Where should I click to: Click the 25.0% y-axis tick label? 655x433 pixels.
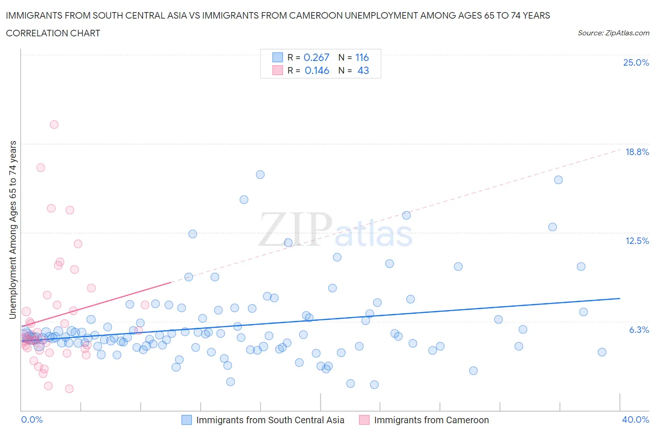636,62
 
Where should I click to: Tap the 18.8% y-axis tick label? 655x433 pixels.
637,152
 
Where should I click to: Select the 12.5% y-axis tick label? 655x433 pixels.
637,241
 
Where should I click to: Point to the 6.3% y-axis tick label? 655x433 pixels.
639,330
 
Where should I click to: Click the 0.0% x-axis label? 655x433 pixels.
32,419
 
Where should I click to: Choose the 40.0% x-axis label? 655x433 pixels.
635,419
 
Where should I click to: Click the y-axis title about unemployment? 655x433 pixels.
13,230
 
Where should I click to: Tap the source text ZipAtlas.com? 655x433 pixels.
613,33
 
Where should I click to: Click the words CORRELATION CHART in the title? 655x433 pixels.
53,33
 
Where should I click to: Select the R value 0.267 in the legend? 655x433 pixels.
316,57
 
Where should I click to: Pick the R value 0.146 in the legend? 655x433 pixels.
317,70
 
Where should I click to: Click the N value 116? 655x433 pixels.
362,57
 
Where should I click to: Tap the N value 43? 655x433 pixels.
363,70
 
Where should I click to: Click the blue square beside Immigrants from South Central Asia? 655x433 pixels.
186,420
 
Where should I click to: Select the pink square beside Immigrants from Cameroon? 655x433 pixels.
364,420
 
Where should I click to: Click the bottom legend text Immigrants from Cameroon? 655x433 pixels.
431,420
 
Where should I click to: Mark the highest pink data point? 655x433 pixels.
54,124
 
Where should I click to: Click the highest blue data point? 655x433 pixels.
260,175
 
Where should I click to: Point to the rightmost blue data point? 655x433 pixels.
602,352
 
